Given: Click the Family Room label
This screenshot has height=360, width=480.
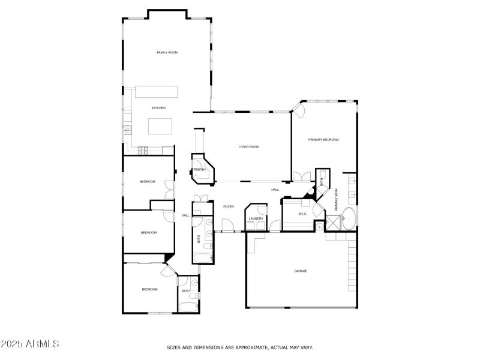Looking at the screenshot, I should click(x=167, y=53).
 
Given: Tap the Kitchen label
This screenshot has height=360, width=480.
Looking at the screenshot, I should click(x=158, y=108).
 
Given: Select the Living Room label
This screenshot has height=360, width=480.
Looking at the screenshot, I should click(x=248, y=146).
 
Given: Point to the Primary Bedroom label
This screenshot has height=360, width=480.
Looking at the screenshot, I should click(x=323, y=140).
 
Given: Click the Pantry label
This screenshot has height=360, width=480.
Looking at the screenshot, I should click(x=200, y=170).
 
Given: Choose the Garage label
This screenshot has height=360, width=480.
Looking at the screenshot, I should click(x=301, y=271).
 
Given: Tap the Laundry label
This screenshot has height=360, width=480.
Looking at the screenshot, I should click(x=256, y=218).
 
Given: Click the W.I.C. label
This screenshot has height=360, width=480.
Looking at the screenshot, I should click(x=303, y=214).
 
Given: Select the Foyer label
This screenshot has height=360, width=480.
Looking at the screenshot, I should click(x=229, y=206).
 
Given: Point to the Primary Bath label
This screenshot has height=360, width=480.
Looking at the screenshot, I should click(x=336, y=200).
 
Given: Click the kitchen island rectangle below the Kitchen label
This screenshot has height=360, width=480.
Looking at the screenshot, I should click(x=160, y=126).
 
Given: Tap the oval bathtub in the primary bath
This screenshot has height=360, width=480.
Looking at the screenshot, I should click(x=349, y=219).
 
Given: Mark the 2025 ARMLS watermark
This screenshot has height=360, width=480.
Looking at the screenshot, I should click(x=30, y=344).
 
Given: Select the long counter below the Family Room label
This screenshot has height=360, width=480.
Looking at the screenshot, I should click(x=157, y=92).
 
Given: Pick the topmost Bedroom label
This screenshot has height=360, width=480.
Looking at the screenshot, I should click(x=148, y=182).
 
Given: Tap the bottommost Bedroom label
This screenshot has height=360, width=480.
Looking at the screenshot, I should click(x=149, y=290).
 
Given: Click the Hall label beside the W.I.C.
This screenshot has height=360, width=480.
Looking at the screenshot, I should click(x=275, y=190).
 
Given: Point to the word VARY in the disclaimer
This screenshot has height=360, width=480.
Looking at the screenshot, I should click(x=306, y=347).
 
